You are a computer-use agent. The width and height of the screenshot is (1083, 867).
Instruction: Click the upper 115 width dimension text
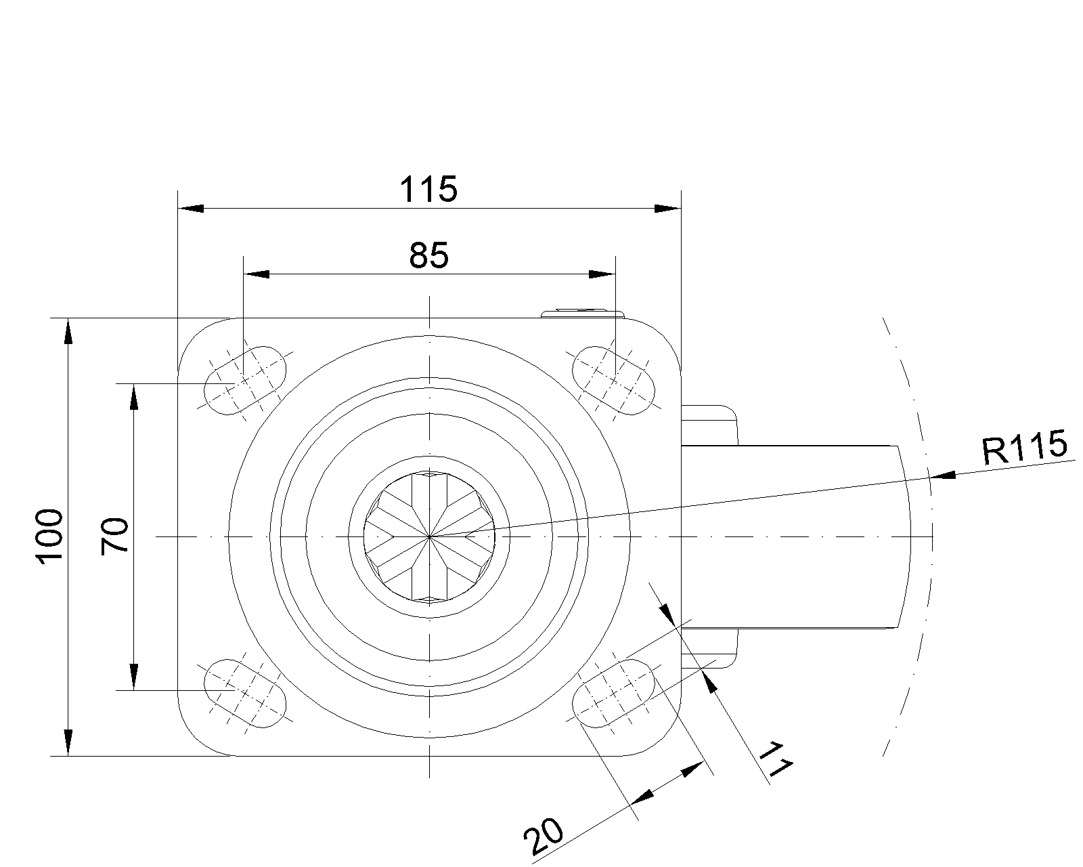point(428,190)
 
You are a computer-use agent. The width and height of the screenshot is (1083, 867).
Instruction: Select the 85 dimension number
point(428,255)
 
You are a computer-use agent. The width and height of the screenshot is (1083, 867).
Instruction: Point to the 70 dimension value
point(115,536)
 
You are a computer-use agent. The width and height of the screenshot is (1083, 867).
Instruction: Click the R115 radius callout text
point(1024,446)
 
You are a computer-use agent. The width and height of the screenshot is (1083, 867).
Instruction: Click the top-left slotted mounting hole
point(245,381)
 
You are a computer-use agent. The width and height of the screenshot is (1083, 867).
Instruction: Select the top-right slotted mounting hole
point(613,381)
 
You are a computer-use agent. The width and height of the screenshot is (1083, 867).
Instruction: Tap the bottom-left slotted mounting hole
point(245,693)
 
